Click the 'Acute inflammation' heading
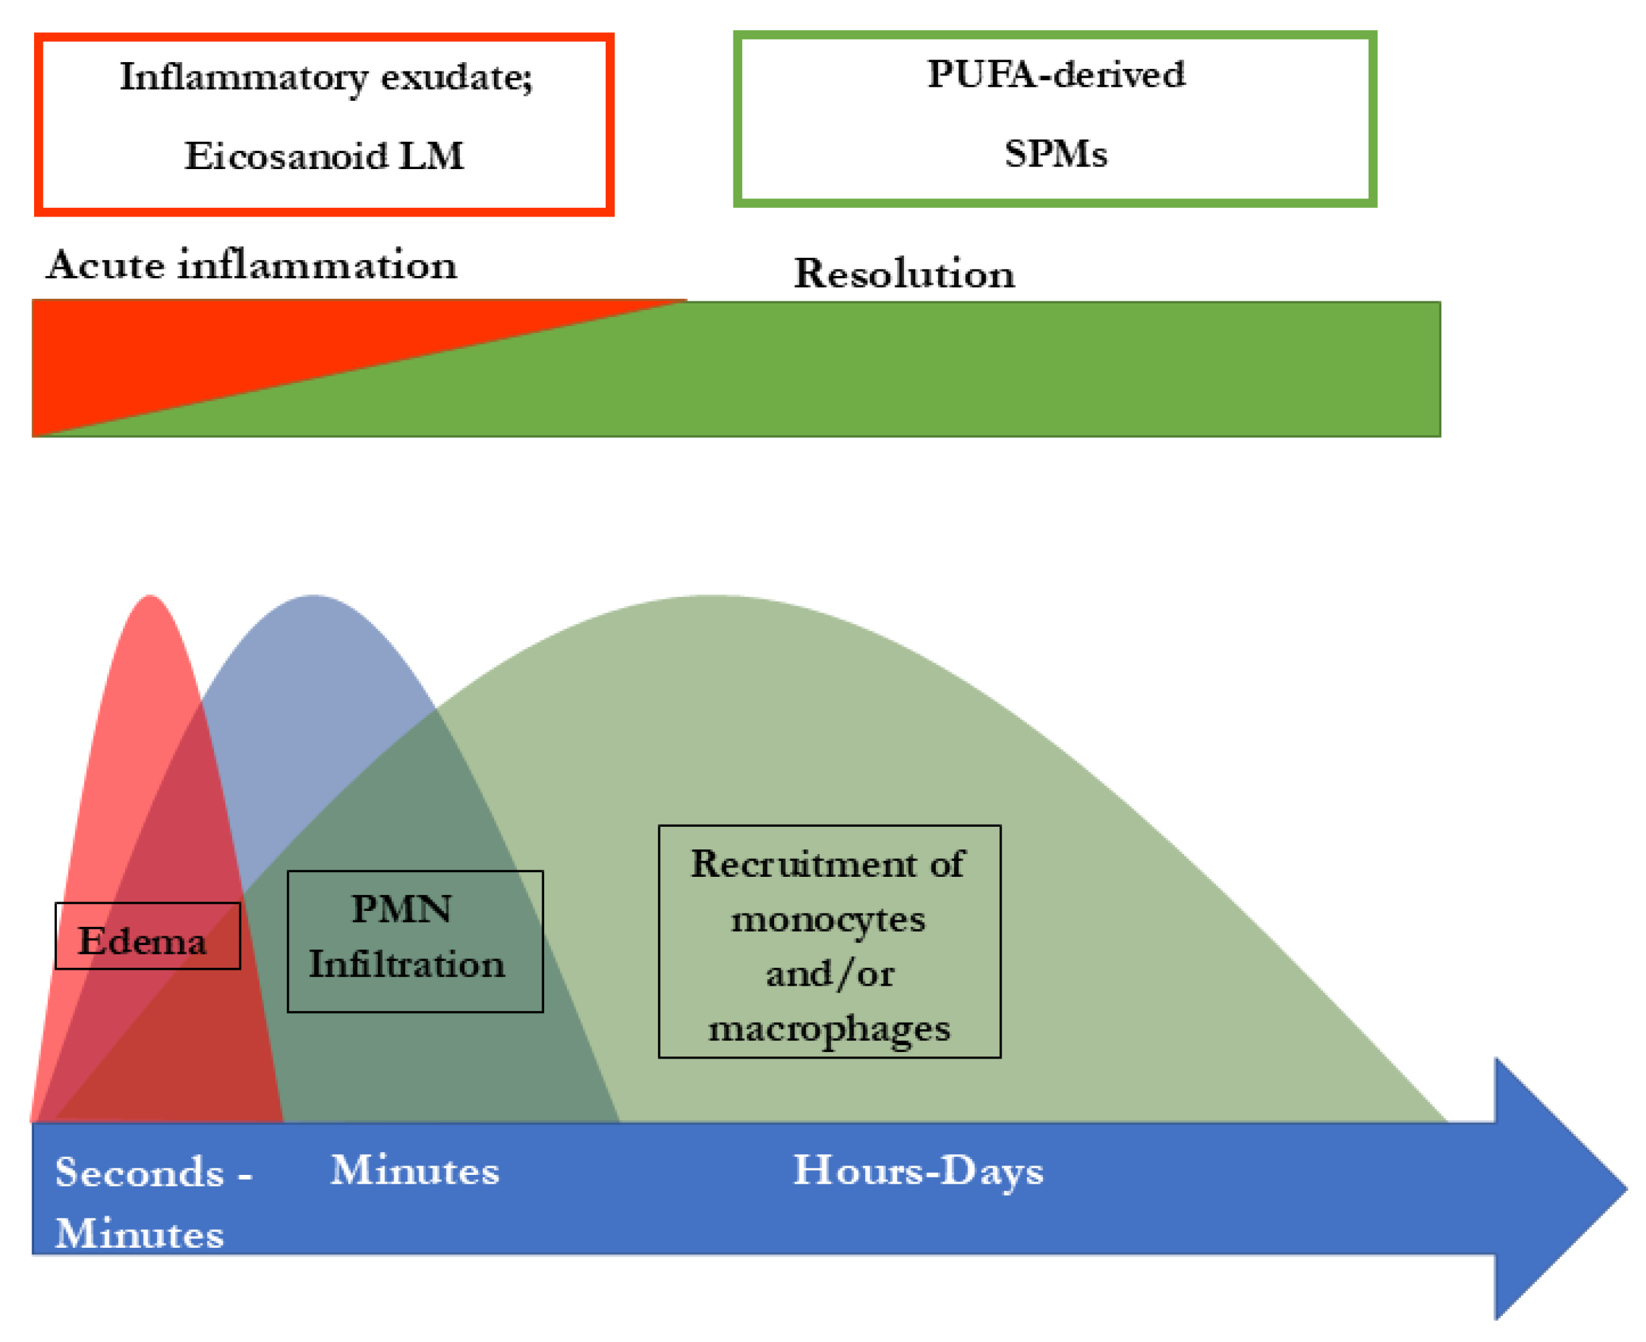point(251,265)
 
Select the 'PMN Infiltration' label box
point(415,941)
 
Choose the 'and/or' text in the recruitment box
point(829,974)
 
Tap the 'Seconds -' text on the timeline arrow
point(153,1173)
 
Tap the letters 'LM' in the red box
point(431,156)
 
